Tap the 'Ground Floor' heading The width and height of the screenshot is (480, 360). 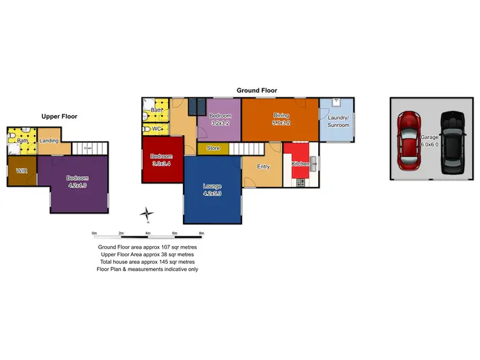coord(257,91)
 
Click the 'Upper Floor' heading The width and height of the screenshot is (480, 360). coord(59,117)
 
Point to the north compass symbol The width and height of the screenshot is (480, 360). coord(148,215)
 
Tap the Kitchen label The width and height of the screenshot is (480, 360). coord(301,164)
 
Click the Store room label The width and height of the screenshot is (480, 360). coord(214,149)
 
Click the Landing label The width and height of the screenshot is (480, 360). coord(49,141)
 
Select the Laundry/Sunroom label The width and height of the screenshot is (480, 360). coord(339,122)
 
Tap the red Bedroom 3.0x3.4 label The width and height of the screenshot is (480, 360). coord(161,160)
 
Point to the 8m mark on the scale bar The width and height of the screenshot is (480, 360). coord(202,233)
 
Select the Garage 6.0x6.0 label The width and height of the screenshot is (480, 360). coord(430,141)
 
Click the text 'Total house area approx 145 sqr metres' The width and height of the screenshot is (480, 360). coord(147,262)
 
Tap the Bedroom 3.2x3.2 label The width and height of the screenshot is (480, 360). coord(220,119)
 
